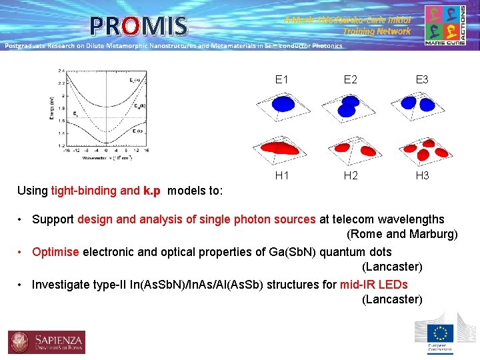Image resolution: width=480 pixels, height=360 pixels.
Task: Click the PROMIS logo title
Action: pyautogui.click(x=139, y=26)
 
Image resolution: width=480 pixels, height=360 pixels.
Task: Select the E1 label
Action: pyautogui.click(x=281, y=79)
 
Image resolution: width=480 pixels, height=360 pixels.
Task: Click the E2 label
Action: pyautogui.click(x=350, y=79)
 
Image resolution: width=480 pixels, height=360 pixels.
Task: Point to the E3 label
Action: pyautogui.click(x=421, y=79)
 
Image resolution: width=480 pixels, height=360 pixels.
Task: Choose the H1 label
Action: pyautogui.click(x=281, y=175)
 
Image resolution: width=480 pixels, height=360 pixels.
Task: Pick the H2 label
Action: pyautogui.click(x=350, y=175)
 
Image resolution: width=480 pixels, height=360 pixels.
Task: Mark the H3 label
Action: pyautogui.click(x=421, y=175)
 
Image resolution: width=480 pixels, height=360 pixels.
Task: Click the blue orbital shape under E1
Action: pyautogui.click(x=282, y=104)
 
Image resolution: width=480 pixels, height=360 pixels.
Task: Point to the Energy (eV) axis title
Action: pyautogui.click(x=51, y=108)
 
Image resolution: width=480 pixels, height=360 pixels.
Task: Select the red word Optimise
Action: pyautogui.click(x=55, y=252)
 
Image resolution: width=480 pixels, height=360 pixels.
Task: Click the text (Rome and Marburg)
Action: pyautogui.click(x=401, y=234)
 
